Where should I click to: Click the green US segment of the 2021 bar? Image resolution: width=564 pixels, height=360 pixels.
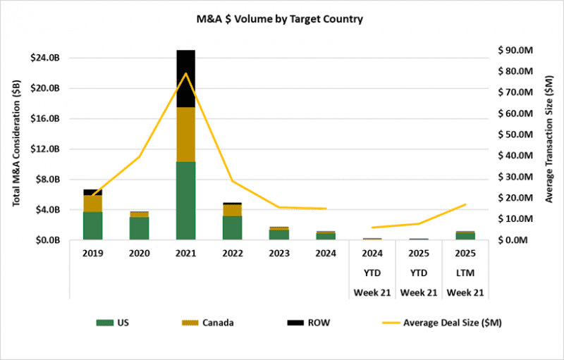pos(185,201)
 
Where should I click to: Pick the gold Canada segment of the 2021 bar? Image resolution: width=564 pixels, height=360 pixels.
pos(185,134)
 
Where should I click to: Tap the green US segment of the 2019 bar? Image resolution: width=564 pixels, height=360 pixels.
pos(93,225)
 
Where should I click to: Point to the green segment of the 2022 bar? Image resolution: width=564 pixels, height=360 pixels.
pos(232,228)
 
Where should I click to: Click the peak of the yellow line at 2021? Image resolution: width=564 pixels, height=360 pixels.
pos(185,73)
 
